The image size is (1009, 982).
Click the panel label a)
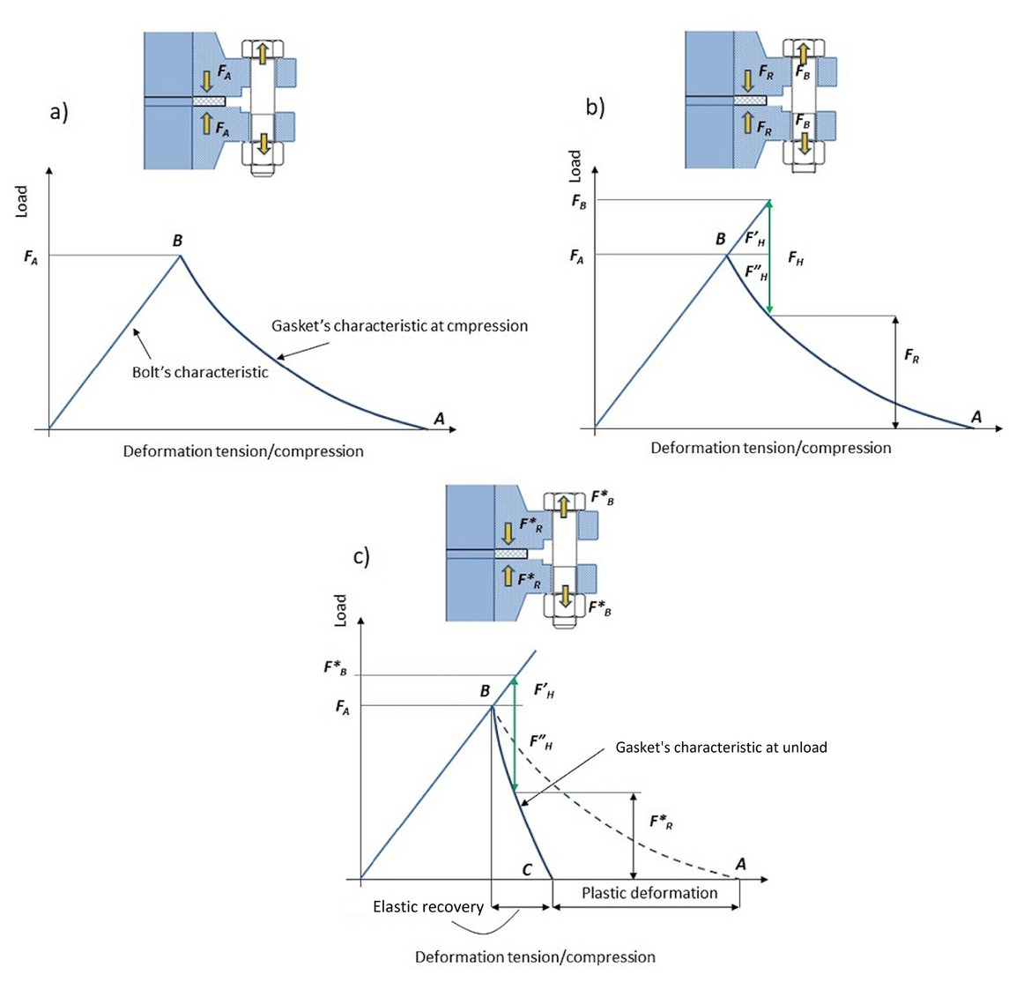pyautogui.click(x=59, y=113)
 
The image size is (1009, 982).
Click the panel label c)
pyautogui.click(x=361, y=557)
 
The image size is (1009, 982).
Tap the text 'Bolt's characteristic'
pyautogui.click(x=200, y=372)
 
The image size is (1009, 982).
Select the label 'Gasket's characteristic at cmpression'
pyautogui.click(x=399, y=325)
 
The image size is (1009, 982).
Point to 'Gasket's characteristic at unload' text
pyautogui.click(x=721, y=748)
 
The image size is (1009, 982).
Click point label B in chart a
pyautogui.click(x=177, y=241)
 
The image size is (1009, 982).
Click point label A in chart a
pyautogui.click(x=439, y=419)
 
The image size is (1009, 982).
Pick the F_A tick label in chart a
pyautogui.click(x=31, y=258)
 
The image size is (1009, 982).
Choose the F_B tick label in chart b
pyautogui.click(x=578, y=202)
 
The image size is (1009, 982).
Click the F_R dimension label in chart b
pyautogui.click(x=911, y=356)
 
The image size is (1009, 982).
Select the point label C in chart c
pyautogui.click(x=527, y=870)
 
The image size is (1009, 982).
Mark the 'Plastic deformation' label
pyautogui.click(x=649, y=893)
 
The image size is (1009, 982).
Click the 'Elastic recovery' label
pyautogui.click(x=428, y=906)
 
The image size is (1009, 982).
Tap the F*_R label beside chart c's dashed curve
pyautogui.click(x=661, y=822)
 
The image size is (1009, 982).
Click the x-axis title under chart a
pyautogui.click(x=243, y=451)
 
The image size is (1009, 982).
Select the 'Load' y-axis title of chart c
pyautogui.click(x=340, y=610)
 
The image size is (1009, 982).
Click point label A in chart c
pyautogui.click(x=740, y=864)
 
